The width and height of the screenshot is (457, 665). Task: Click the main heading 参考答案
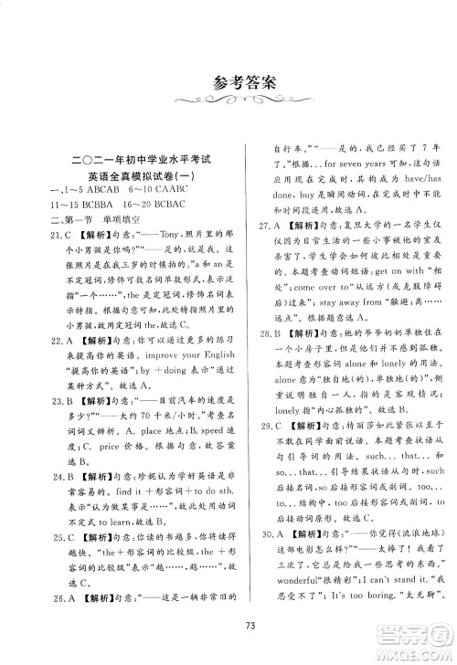228,81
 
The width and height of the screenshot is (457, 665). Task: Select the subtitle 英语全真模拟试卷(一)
134,179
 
